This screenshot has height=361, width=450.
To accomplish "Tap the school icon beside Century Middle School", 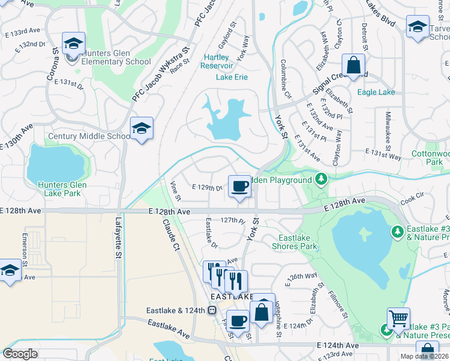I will tap(141, 129).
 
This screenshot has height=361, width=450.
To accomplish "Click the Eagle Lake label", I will tap(376, 92).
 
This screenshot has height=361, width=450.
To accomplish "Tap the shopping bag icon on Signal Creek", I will tap(354, 66).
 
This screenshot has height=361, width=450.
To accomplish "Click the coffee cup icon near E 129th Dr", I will tap(239, 187).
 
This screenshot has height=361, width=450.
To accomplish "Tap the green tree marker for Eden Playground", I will tap(322, 179).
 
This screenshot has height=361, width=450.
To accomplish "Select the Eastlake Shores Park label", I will tap(294, 242).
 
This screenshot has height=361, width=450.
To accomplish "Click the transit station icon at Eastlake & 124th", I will tap(212, 310).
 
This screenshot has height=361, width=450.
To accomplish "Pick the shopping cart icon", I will tap(398, 319).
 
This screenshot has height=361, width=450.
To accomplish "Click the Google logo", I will tap(20, 354).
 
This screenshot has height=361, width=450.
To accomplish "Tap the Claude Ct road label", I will tap(171, 235).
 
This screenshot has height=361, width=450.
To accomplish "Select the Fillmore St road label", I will tap(337, 304).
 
